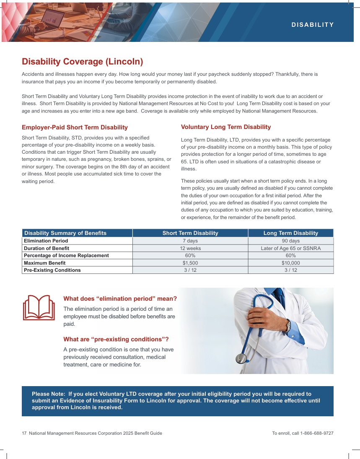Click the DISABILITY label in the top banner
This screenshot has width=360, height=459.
click(313, 25)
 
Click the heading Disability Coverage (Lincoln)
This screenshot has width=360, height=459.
click(83, 62)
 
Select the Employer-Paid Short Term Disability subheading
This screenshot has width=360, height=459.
click(75, 127)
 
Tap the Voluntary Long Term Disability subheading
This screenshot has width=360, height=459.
click(226, 127)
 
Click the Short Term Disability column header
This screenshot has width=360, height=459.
click(190, 233)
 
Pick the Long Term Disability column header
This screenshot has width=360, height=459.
click(290, 233)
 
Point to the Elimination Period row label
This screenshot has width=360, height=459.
click(46, 241)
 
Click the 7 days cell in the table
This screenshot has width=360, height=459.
click(190, 241)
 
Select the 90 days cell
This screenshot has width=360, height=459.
click(290, 241)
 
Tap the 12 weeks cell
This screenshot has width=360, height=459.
click(190, 248)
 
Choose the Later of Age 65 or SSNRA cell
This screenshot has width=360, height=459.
click(290, 248)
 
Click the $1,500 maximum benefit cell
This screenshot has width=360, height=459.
click(190, 263)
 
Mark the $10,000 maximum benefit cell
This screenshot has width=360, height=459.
click(290, 263)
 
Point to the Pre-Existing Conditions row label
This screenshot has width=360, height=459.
click(52, 270)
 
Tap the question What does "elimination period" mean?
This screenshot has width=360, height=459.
click(120, 299)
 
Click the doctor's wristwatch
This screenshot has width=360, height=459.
click(288, 326)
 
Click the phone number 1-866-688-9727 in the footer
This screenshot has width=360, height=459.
click(317, 433)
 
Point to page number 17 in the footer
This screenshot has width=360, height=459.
click(24, 433)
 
